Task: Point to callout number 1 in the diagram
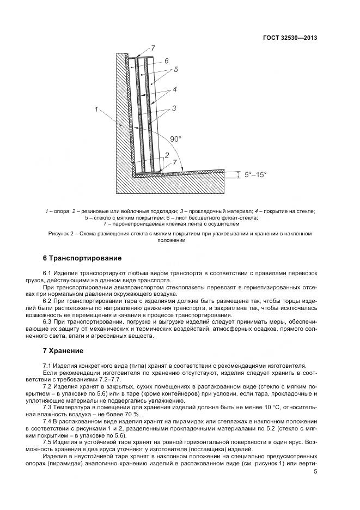click(x=96, y=110)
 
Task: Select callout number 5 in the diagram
click(x=176, y=70)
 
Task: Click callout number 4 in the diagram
click(x=174, y=89)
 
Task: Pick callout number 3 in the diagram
click(x=173, y=108)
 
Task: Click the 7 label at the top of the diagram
click(x=153, y=48)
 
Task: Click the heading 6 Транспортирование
click(x=82, y=257)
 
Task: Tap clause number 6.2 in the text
click(x=47, y=300)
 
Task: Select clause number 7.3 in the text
click(x=47, y=406)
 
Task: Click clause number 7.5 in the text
click(x=47, y=442)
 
